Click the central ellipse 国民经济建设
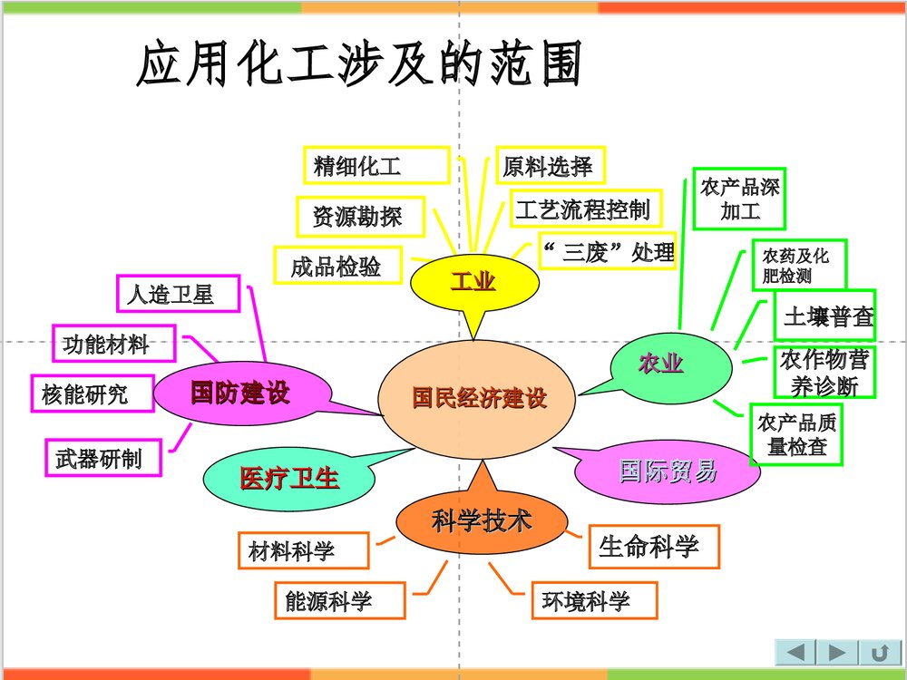click(479, 397)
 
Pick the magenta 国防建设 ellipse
click(239, 393)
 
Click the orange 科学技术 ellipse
click(482, 521)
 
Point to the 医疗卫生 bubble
click(288, 479)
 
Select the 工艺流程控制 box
click(583, 210)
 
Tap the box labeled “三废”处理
click(607, 251)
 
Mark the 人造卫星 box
click(179, 294)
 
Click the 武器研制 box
click(105, 458)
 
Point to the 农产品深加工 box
click(738, 199)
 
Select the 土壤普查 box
click(825, 316)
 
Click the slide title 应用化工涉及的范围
click(358, 65)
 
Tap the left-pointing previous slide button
click(795, 652)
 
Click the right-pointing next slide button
click(837, 652)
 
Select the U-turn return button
click(879, 652)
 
